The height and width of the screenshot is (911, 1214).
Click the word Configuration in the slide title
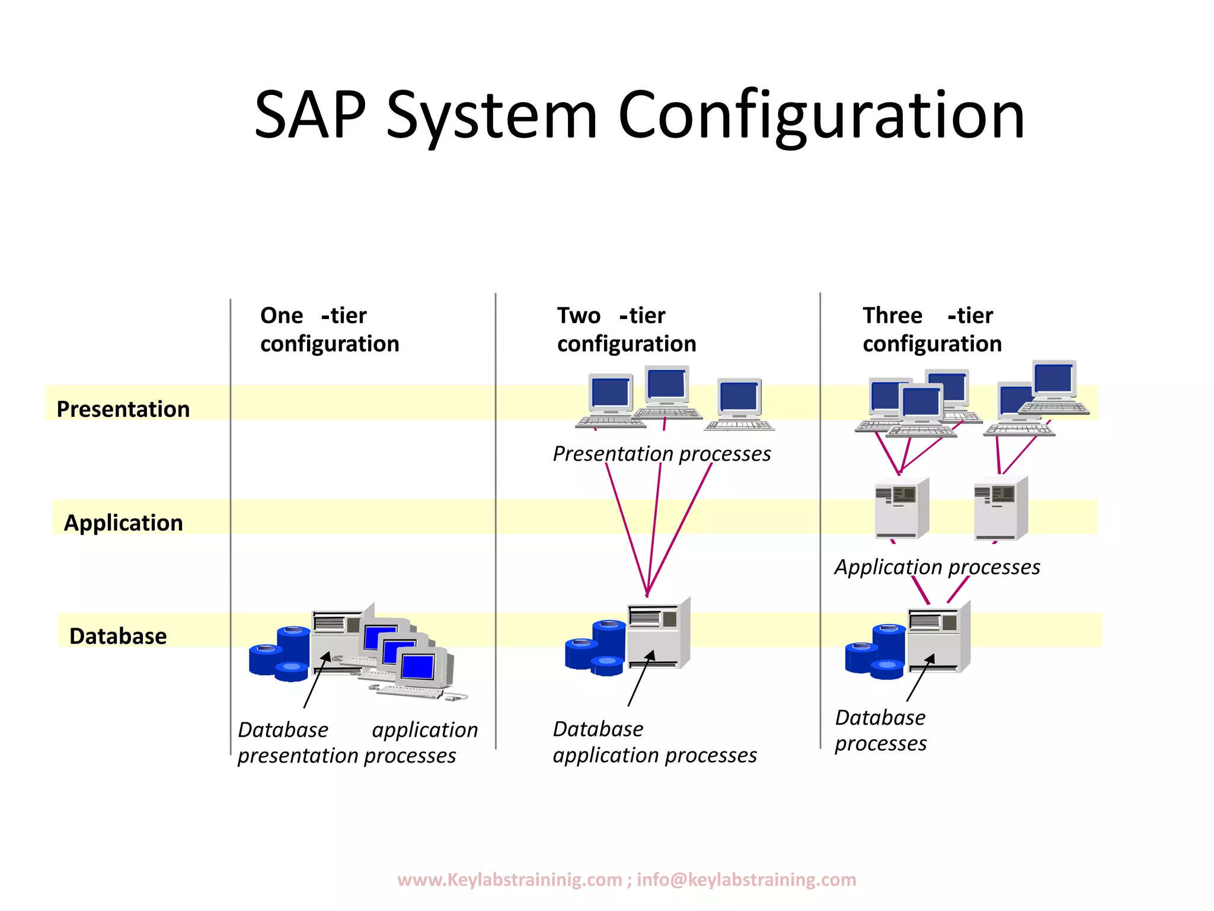pos(821,116)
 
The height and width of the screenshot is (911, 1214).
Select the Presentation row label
pos(123,409)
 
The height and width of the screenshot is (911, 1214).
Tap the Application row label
pos(123,523)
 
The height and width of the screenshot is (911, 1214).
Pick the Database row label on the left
pos(118,636)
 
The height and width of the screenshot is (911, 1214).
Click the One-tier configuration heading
pos(330,330)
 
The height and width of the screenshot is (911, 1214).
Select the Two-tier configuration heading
pos(627,330)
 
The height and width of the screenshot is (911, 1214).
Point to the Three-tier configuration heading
pos(932,330)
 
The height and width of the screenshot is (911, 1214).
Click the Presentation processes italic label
pos(662,454)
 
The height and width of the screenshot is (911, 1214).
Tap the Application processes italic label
pos(937,567)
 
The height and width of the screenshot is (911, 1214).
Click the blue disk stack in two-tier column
pos(596,648)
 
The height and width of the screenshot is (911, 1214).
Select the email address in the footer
pos(746,880)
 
